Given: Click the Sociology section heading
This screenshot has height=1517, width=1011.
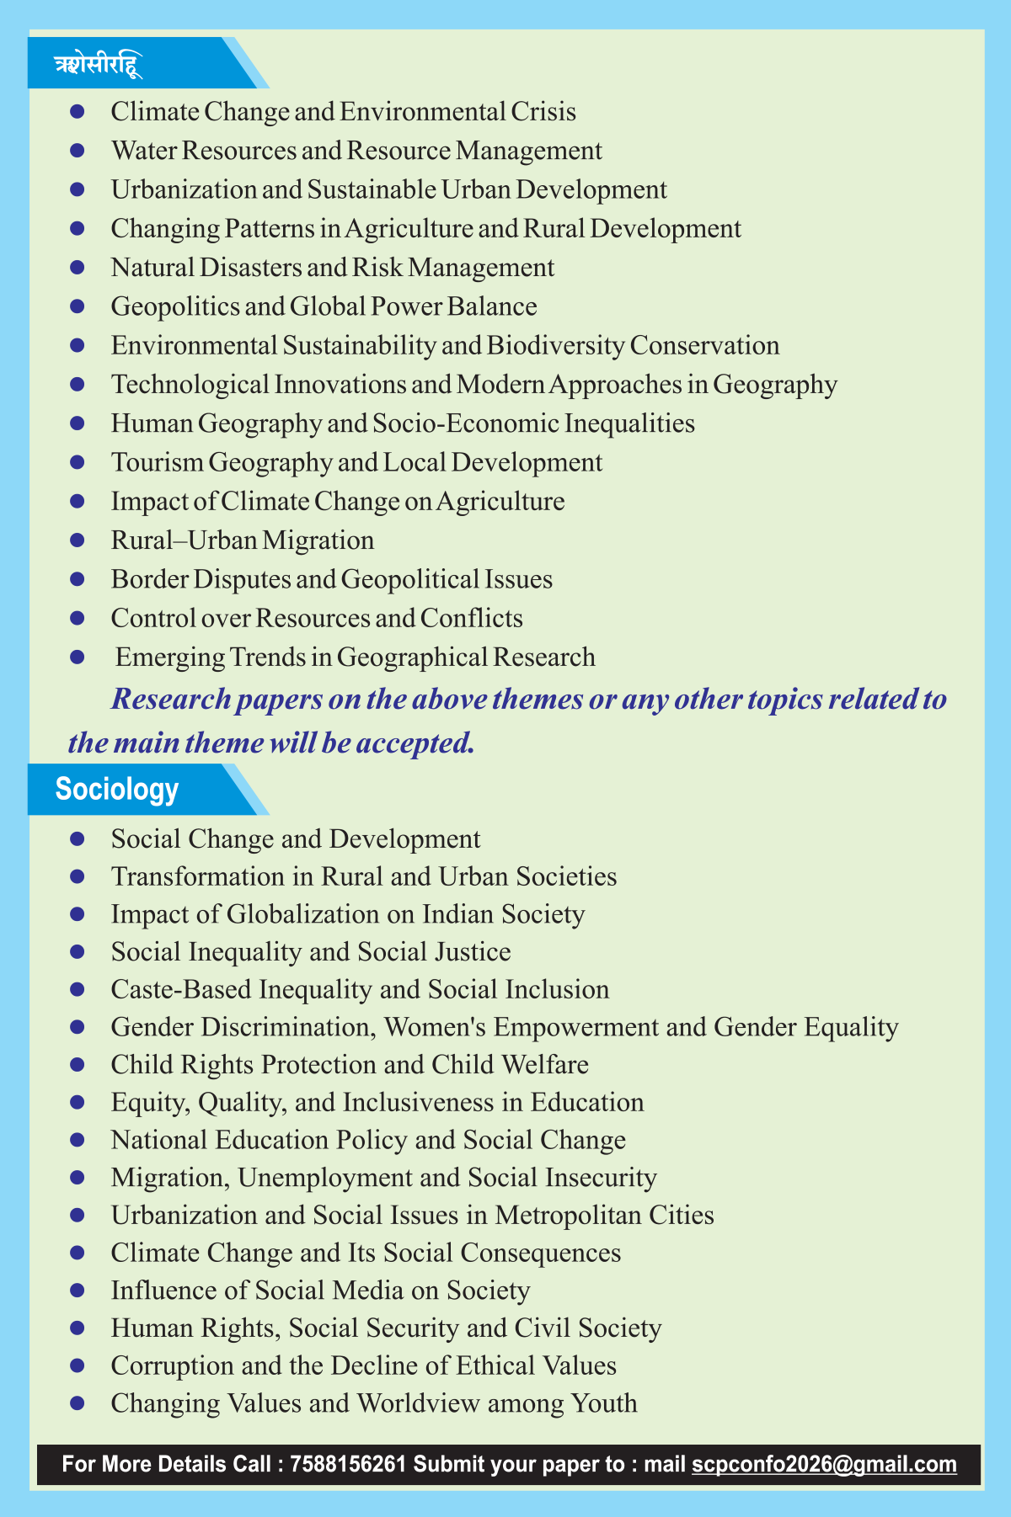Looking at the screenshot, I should (117, 790).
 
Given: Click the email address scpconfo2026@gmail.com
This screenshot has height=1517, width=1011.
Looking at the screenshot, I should (824, 1464).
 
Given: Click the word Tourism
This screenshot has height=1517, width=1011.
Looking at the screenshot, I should (158, 462).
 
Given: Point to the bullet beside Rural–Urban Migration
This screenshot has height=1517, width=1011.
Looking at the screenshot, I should (78, 540).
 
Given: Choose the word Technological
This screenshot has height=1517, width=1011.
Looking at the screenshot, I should (190, 385).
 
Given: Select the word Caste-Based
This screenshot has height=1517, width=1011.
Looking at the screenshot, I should (182, 989).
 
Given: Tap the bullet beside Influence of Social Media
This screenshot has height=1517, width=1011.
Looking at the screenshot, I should (78, 1290).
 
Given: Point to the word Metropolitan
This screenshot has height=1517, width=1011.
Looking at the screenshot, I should (568, 1215).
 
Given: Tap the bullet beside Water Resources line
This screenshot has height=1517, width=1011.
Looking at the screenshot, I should (78, 151).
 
